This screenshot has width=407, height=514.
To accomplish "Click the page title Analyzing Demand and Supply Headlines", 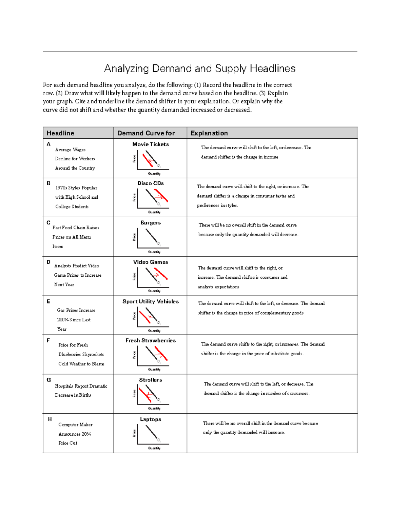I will click(x=199, y=68).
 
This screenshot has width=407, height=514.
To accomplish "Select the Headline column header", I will click(x=60, y=133).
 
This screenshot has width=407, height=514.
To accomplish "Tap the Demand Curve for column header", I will click(x=146, y=133).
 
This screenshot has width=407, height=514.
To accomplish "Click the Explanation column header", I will click(x=209, y=133).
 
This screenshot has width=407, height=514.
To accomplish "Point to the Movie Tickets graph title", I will click(x=151, y=144).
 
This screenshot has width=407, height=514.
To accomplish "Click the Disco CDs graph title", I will click(x=151, y=183).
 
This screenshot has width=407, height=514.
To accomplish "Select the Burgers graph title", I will click(x=151, y=223).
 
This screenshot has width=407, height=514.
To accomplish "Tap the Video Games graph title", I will click(x=151, y=262).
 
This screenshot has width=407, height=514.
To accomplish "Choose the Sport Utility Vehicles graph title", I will click(x=151, y=301).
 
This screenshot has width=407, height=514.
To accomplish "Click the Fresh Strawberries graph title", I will click(x=151, y=340).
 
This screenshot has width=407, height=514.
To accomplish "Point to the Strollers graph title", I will click(x=151, y=380).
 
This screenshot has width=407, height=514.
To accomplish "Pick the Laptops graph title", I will click(x=151, y=419).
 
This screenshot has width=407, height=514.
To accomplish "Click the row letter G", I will click(x=49, y=380).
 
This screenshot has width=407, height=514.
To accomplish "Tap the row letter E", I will click(x=49, y=301).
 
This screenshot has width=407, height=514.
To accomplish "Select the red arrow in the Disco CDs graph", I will click(x=158, y=197).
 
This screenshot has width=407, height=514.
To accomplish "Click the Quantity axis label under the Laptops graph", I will click(x=154, y=448).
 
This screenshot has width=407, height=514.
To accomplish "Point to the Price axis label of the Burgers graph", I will click(x=134, y=237).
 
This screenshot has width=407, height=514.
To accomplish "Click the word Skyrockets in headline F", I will click(x=93, y=354).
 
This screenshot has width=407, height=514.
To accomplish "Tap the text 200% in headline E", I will click(x=63, y=320).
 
